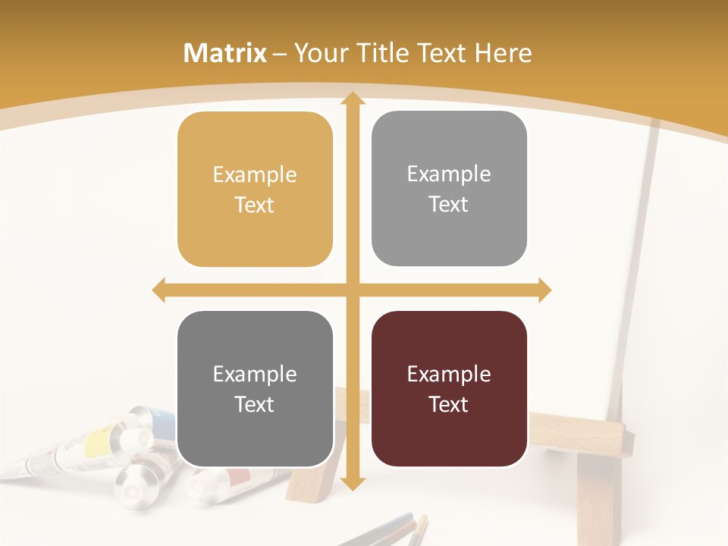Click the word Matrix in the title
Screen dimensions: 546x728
coord(225,53)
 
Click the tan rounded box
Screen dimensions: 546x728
coord(255,190)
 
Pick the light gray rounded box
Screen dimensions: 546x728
coord(449,189)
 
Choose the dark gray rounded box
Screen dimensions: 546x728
coord(255,389)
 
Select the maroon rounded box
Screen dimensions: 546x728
coord(449,389)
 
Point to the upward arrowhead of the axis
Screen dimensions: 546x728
coord(352,99)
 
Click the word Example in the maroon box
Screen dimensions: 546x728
coord(449,374)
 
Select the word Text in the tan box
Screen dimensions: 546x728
coord(255,206)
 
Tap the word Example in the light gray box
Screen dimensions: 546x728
coord(449,174)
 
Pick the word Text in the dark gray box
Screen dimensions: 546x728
coord(255,404)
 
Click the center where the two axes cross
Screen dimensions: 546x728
coord(352,290)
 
